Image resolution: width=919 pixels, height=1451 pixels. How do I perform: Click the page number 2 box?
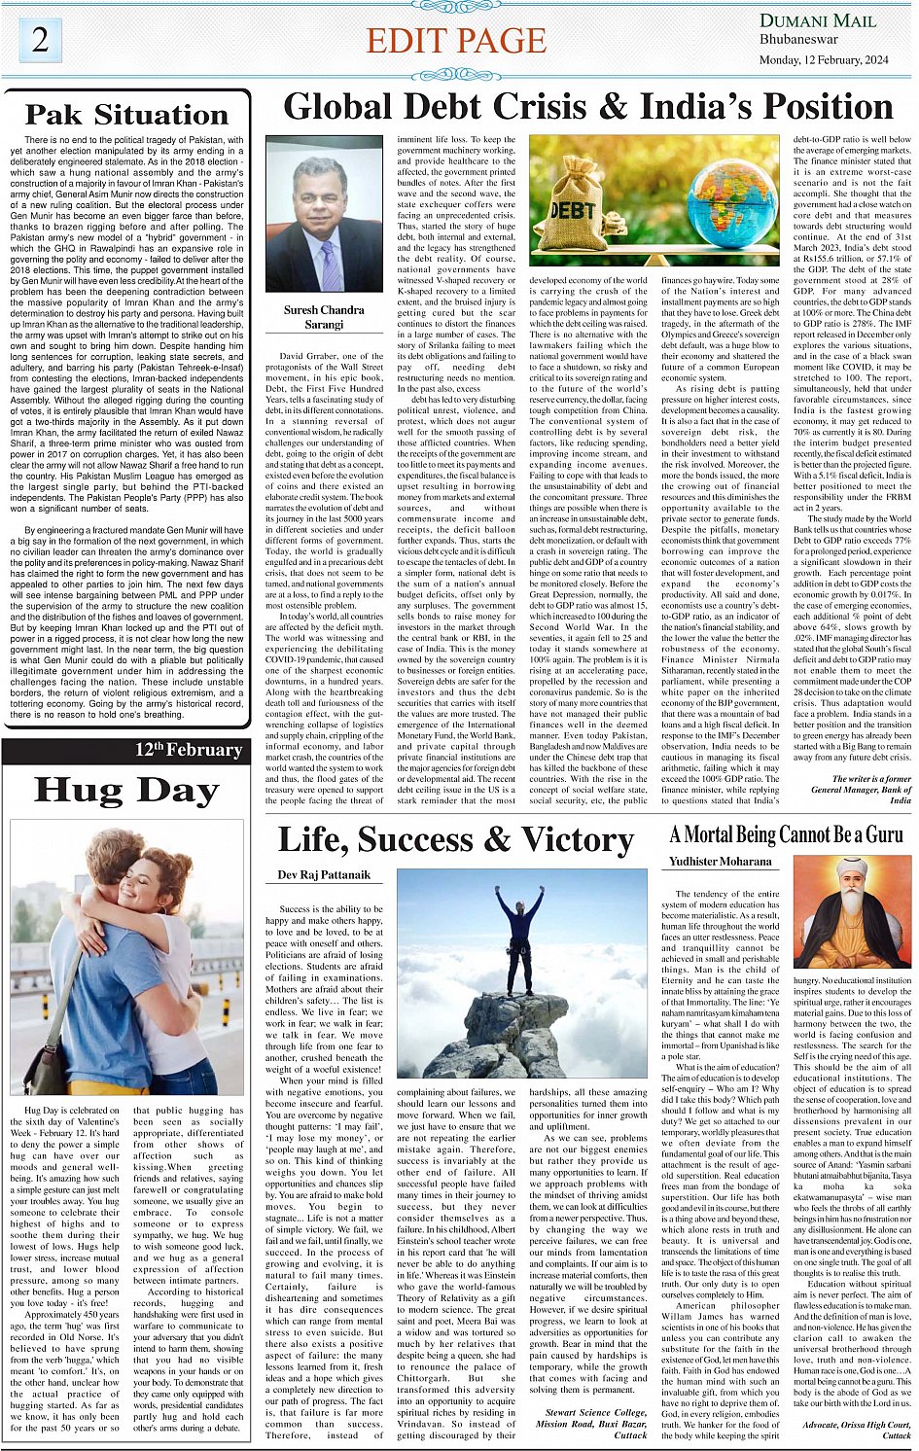(40, 40)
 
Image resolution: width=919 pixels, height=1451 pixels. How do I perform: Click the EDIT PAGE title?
(456, 41)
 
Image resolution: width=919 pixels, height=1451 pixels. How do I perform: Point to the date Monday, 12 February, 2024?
(824, 59)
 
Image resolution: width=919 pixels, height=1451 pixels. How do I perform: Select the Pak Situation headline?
(126, 115)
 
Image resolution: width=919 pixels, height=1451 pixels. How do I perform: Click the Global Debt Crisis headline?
(587, 106)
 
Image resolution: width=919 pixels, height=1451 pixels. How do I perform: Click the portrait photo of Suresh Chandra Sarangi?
(325, 215)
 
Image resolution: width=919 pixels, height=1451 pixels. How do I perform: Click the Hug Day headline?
(126, 791)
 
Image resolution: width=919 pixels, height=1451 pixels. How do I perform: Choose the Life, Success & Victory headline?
(455, 839)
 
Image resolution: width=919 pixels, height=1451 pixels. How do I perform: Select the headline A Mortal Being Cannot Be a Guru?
(786, 835)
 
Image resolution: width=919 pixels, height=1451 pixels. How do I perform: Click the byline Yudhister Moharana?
(721, 862)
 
